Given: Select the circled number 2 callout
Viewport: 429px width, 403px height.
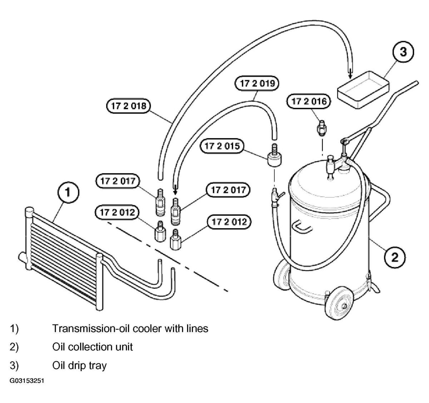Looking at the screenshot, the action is [x=395, y=257].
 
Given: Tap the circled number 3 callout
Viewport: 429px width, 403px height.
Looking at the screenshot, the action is [x=403, y=52].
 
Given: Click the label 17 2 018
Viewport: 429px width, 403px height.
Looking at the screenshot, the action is [x=129, y=106].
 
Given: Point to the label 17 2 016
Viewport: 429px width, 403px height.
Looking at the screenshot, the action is [x=309, y=101].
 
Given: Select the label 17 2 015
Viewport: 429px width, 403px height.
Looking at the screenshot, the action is [x=222, y=146].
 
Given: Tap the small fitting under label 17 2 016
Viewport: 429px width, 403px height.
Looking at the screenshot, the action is [x=322, y=128].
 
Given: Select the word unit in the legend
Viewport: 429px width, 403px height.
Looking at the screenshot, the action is [x=125, y=347].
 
